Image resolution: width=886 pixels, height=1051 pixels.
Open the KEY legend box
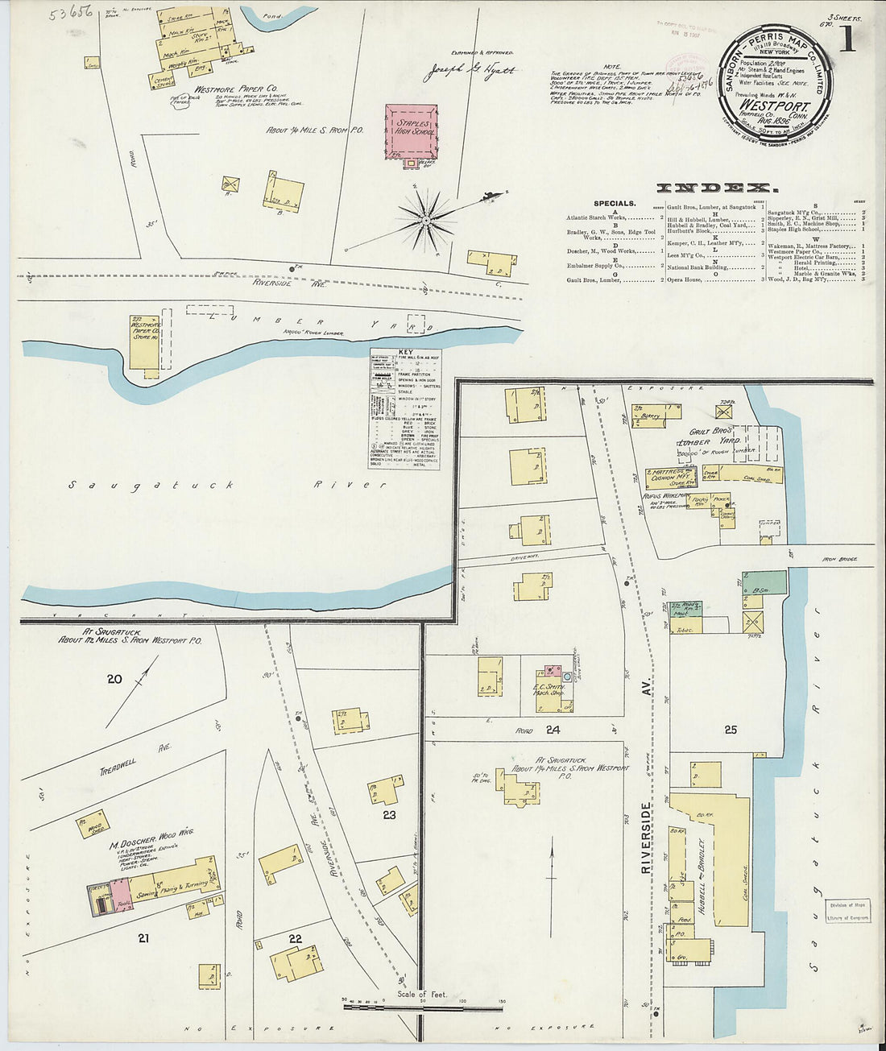(x=405, y=409)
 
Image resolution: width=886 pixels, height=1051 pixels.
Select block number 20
(x=114, y=679)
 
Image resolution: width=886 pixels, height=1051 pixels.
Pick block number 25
(x=730, y=730)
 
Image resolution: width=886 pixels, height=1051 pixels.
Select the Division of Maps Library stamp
(x=847, y=911)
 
